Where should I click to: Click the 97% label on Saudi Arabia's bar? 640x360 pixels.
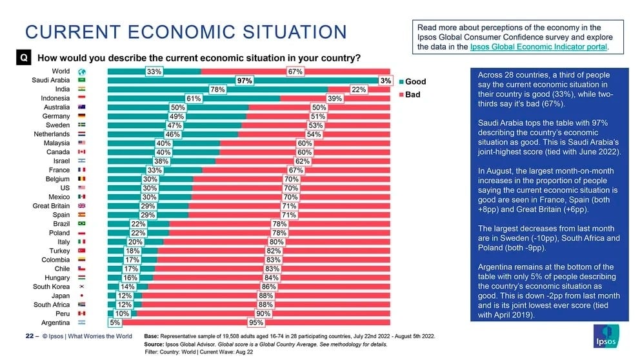(x=245, y=81)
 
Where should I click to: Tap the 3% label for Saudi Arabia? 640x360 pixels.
(x=386, y=81)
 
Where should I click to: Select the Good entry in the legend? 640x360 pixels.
(x=412, y=82)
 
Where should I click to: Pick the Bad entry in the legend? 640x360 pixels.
(x=410, y=95)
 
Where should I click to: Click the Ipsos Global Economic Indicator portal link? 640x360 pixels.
(x=538, y=46)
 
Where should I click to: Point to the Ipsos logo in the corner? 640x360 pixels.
(x=606, y=336)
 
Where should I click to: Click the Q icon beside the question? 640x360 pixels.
(x=24, y=57)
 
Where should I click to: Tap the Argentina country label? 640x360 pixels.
(x=55, y=323)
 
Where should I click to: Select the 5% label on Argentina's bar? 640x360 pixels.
(x=115, y=323)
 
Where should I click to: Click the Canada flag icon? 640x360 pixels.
(x=82, y=152)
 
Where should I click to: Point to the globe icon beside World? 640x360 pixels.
(x=82, y=72)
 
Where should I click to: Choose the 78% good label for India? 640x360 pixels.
(x=217, y=90)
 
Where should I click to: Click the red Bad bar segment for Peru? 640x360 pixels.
(x=263, y=314)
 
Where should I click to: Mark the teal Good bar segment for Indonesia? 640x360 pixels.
(x=194, y=98)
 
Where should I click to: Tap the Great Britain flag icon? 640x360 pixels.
(x=82, y=206)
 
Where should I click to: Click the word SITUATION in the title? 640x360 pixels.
(x=295, y=32)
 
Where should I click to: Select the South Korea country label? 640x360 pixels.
(x=52, y=287)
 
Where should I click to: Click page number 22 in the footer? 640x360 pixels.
(x=30, y=336)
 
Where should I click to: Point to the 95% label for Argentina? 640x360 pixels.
(x=256, y=323)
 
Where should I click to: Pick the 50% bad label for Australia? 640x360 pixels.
(x=319, y=107)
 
